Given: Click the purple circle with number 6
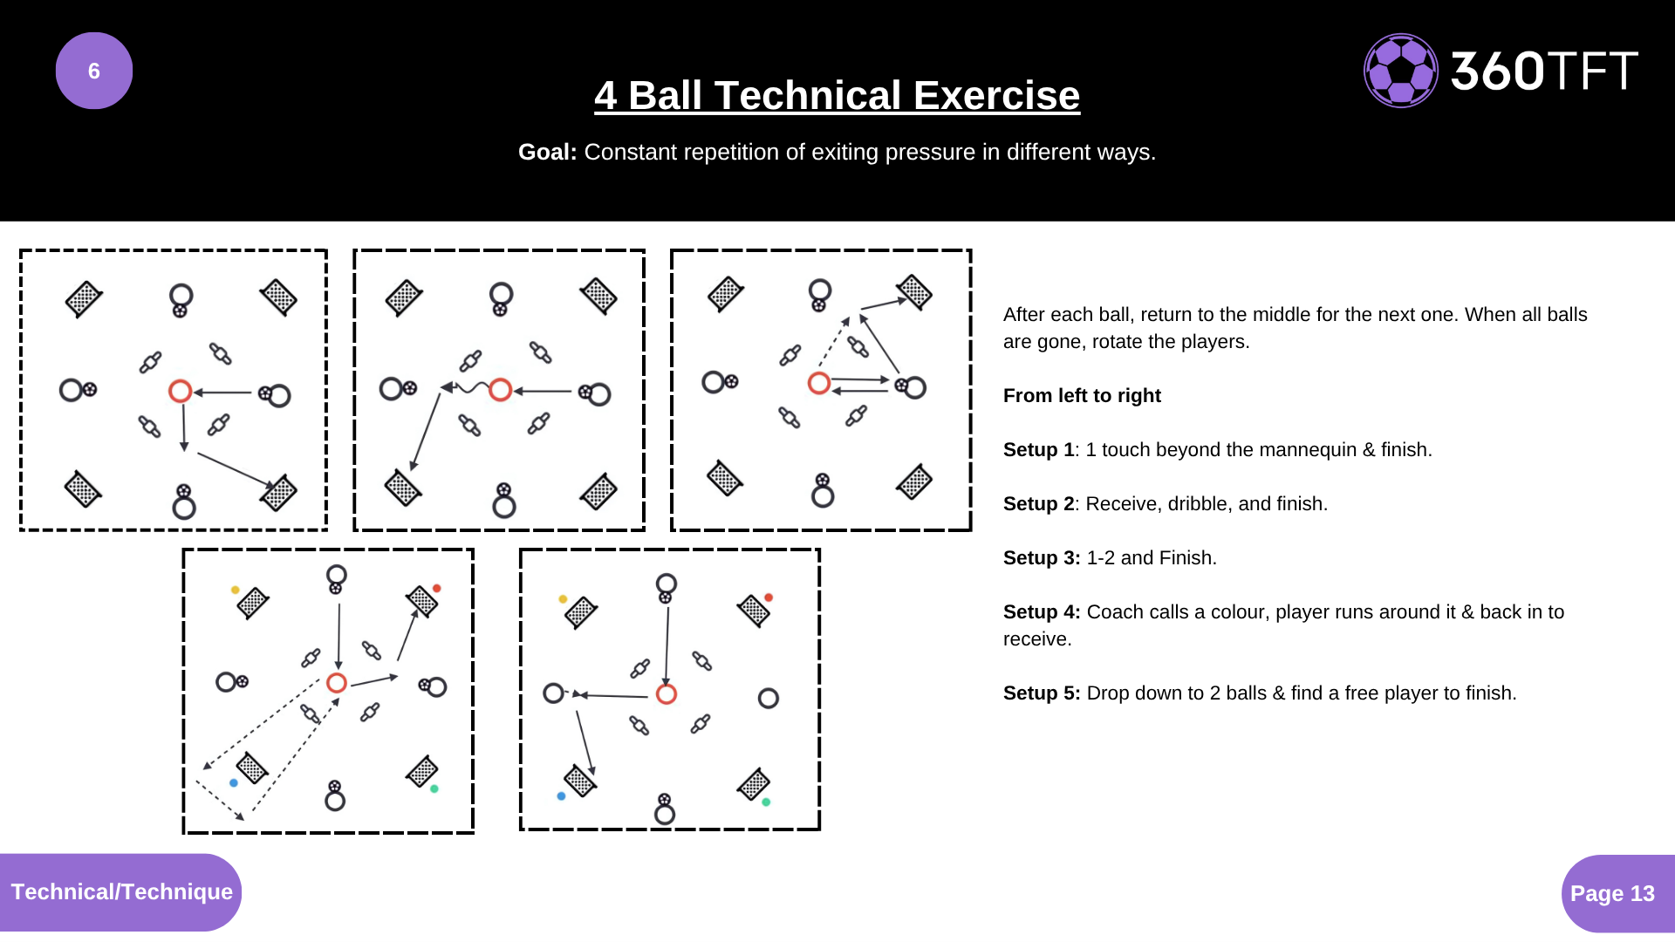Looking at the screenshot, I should pyautogui.click(x=94, y=71).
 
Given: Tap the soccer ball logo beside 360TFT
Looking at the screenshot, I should pyautogui.click(x=1400, y=71).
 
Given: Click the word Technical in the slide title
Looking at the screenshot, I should pyautogui.click(x=807, y=95).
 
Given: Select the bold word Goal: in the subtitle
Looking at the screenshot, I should pyautogui.click(x=547, y=152).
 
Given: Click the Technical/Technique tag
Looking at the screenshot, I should pyautogui.click(x=121, y=891).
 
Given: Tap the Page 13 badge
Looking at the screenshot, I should pyautogui.click(x=1612, y=893).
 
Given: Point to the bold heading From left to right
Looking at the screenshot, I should pyautogui.click(x=1082, y=395).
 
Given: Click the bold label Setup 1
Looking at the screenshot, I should pyautogui.click(x=1038, y=449).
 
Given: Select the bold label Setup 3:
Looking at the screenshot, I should pyautogui.click(x=1042, y=557).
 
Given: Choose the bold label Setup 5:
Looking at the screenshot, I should pyautogui.click(x=1042, y=693).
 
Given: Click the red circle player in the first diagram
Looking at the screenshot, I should pyautogui.click(x=181, y=391).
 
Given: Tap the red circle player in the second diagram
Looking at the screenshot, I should pyautogui.click(x=500, y=390).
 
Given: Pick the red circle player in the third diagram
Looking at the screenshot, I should pyautogui.click(x=818, y=383).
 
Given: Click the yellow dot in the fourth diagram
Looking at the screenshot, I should pyautogui.click(x=236, y=590).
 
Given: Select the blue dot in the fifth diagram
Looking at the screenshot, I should pyautogui.click(x=561, y=795).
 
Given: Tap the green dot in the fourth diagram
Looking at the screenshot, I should pyautogui.click(x=434, y=788).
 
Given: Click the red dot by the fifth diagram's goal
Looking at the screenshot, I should pyautogui.click(x=769, y=597).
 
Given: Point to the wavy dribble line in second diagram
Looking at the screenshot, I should pyautogui.click(x=471, y=387).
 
